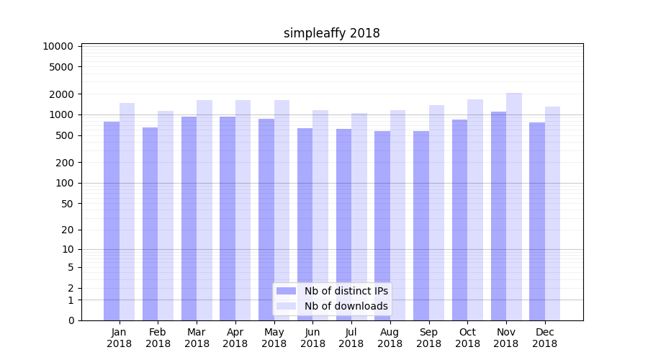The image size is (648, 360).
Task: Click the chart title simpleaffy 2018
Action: point(331,33)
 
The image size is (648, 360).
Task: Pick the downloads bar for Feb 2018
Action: point(166,215)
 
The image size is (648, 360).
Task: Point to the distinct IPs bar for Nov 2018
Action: point(498,216)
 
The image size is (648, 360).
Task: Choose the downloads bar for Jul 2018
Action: point(359,217)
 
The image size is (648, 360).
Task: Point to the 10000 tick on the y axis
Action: point(58,46)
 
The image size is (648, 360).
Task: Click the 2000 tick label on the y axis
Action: point(61,94)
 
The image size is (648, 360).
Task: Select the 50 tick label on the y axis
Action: point(67,204)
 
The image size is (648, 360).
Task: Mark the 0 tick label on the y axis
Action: point(71,320)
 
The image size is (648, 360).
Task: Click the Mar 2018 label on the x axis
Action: point(197,338)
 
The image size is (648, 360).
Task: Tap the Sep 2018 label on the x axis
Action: point(428,338)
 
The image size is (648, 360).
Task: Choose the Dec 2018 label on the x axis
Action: point(545,338)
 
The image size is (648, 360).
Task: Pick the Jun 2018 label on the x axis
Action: point(312,338)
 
